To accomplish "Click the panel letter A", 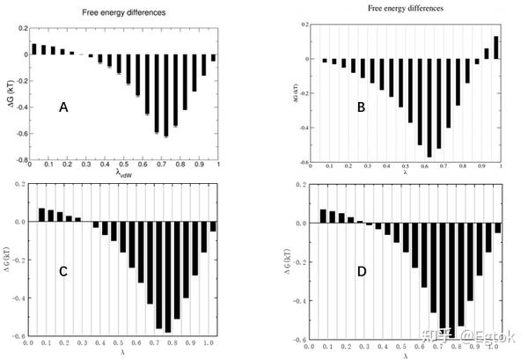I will point(63,107).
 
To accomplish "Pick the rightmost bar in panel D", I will point(498,227).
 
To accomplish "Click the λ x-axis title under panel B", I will point(405,173).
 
